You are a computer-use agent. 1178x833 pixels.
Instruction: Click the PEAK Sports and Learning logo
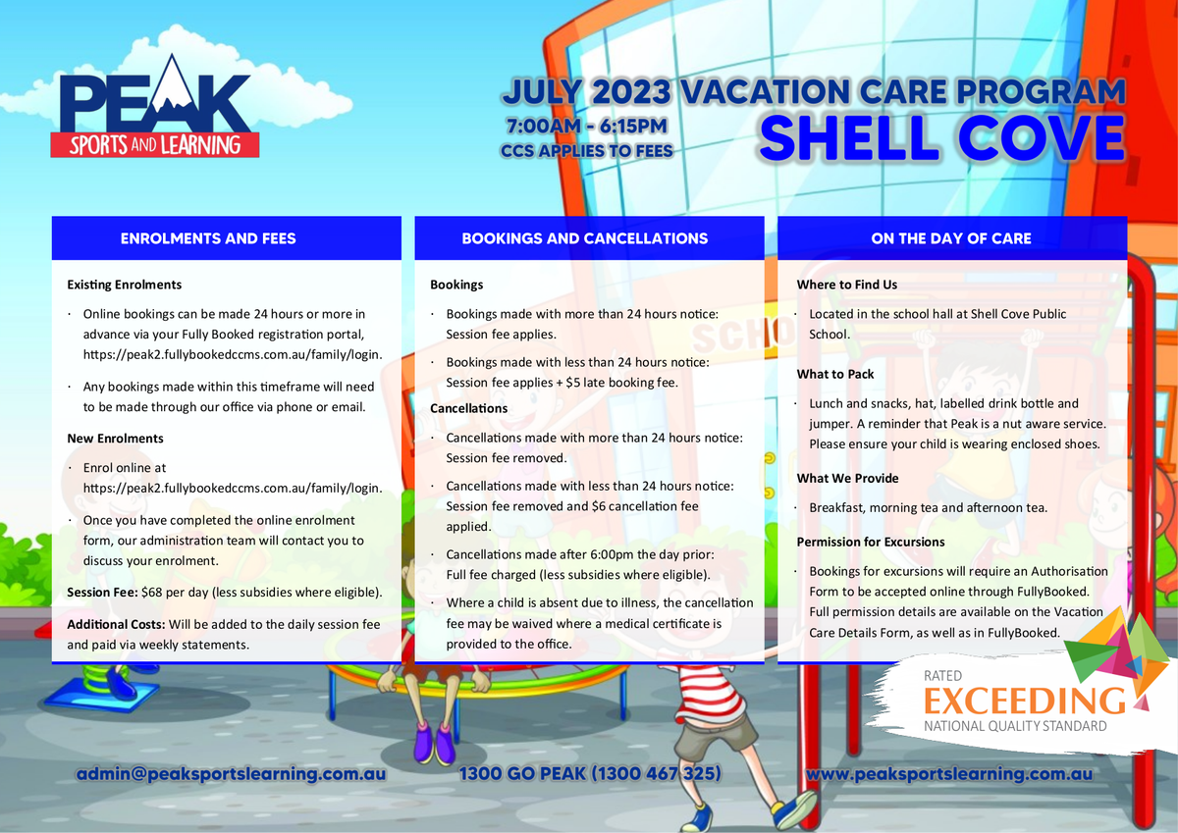pyautogui.click(x=155, y=107)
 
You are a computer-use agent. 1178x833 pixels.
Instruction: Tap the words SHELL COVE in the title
pyautogui.click(x=941, y=137)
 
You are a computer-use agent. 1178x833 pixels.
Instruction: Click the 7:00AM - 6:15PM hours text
pyautogui.click(x=587, y=127)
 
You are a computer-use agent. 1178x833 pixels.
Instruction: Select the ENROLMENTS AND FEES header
pyautogui.click(x=208, y=238)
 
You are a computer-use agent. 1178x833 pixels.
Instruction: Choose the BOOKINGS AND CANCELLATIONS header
pyautogui.click(x=585, y=238)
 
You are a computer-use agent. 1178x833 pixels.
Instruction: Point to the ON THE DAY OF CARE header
pyautogui.click(x=951, y=238)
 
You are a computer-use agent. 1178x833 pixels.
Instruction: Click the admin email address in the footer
pyautogui.click(x=231, y=773)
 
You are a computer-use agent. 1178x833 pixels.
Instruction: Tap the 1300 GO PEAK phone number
pyautogui.click(x=590, y=773)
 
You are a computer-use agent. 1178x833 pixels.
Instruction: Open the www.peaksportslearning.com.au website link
pyautogui.click(x=950, y=773)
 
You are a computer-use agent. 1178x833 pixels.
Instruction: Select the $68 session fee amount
pyautogui.click(x=151, y=593)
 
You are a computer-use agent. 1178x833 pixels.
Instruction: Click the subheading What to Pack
pyautogui.click(x=835, y=374)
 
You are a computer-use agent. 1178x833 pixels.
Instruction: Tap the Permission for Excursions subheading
pyautogui.click(x=871, y=542)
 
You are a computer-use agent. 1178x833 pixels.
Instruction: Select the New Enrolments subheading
pyautogui.click(x=115, y=439)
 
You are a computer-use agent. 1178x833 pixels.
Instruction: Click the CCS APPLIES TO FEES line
pyautogui.click(x=587, y=151)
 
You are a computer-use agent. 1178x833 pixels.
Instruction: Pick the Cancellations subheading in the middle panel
pyautogui.click(x=468, y=408)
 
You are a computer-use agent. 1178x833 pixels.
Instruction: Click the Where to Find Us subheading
pyautogui.click(x=846, y=285)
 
